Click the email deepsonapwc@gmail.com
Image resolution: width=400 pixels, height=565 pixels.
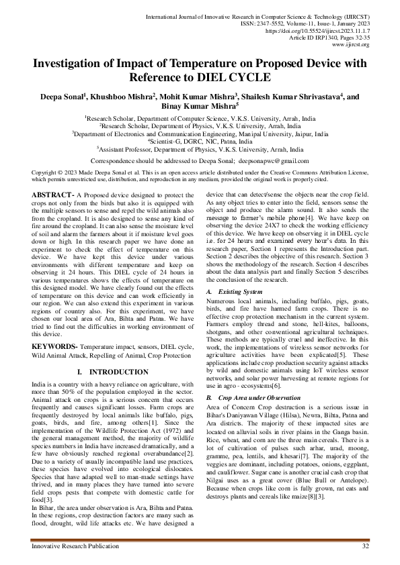click(x=272, y=161)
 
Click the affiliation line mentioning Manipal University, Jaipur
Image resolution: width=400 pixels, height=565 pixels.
click(x=200, y=134)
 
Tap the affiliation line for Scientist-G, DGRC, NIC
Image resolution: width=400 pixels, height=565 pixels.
click(x=200, y=142)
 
